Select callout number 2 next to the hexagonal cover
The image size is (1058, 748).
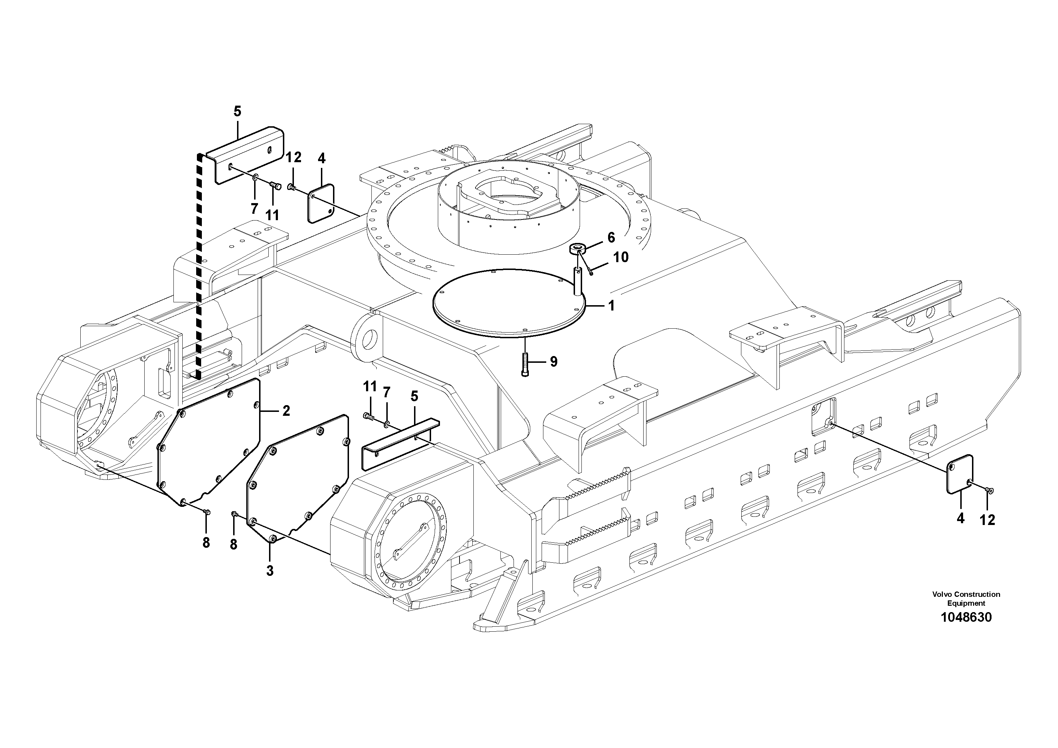(286, 410)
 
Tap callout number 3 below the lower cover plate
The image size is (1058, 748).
(270, 571)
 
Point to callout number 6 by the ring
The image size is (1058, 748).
(611, 238)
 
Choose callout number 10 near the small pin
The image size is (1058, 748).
(621, 257)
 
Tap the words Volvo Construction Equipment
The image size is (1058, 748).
(966, 599)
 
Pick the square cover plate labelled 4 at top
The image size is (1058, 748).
(320, 204)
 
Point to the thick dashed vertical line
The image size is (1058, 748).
(199, 267)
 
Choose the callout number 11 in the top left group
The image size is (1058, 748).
(272, 215)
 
